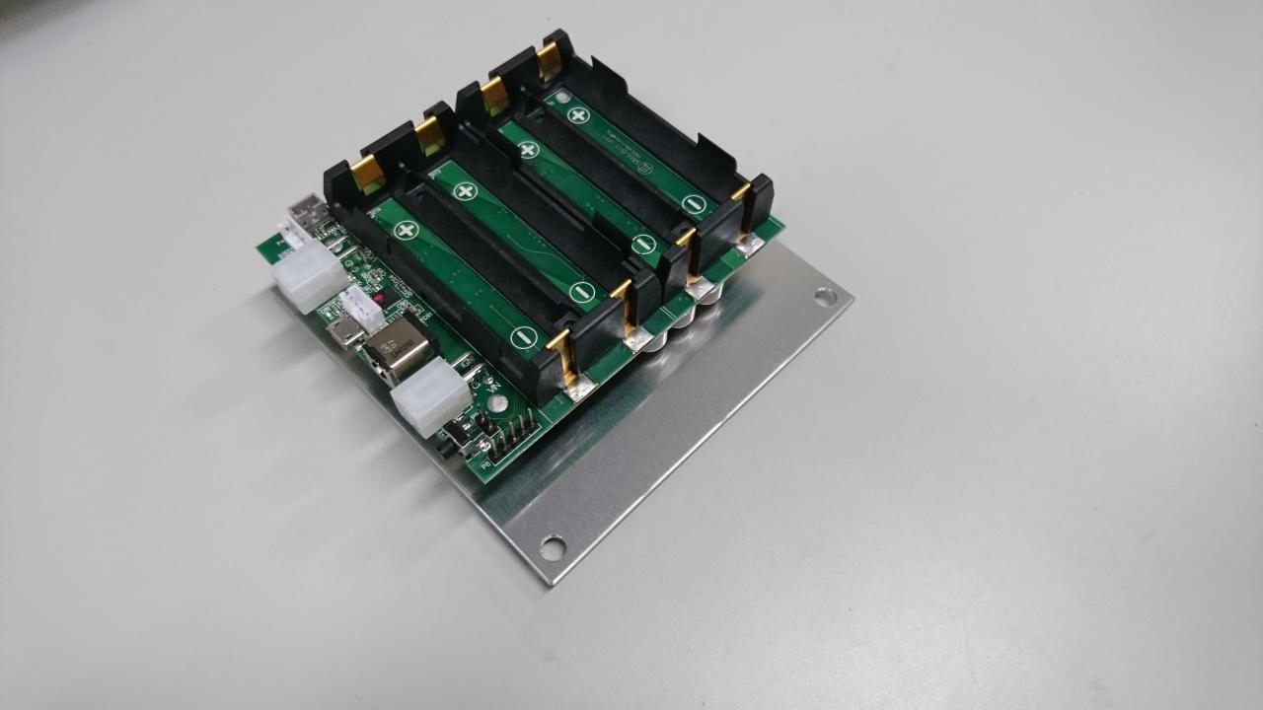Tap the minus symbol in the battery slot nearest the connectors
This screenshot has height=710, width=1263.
coord(523,338)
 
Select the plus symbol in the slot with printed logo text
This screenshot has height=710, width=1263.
coord(578,114)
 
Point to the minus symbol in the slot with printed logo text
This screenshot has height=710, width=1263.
coord(694,205)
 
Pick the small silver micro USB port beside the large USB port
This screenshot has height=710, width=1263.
coord(345,332)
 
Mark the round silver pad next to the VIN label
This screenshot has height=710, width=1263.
coord(498,404)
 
